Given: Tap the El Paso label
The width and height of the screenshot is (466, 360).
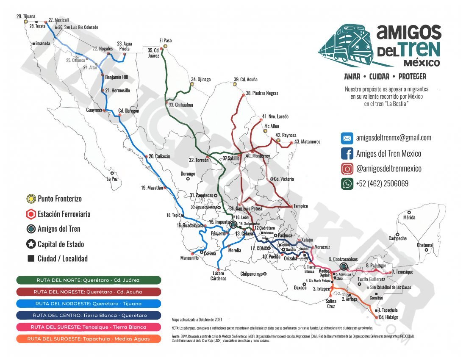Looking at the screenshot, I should pos(165,41).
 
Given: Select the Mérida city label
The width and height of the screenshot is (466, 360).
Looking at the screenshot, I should pos(403,218).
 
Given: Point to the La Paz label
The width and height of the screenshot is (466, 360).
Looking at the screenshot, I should pos(112,179).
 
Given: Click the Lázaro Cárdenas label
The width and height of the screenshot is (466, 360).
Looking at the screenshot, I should pos(217,276).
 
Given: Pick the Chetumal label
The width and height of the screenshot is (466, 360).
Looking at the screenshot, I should pos(425,245).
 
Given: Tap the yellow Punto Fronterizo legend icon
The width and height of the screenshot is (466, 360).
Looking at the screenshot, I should pos(31,199).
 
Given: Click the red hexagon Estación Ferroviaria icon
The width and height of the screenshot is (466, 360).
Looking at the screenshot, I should pos(31,214).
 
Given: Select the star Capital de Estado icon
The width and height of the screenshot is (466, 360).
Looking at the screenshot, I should pos(31,244).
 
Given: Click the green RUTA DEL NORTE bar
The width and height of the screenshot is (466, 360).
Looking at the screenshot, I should pos(89,280).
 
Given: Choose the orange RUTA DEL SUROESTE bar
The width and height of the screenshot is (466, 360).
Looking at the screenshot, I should pos(89,339).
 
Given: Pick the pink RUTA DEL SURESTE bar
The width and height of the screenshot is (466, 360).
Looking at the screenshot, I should pos(89,327).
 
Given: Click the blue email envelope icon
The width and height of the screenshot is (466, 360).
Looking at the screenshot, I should pos(347,138).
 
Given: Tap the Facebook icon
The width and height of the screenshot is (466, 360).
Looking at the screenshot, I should pos(347,153).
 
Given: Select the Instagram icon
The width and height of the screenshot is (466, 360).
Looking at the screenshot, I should pos(347,169).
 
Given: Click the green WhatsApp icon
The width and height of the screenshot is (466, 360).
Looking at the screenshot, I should pos(347,184).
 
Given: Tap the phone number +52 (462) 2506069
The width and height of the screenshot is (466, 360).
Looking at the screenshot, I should pos(382,184).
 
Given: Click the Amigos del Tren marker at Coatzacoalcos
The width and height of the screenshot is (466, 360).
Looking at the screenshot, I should pos(344,266).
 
